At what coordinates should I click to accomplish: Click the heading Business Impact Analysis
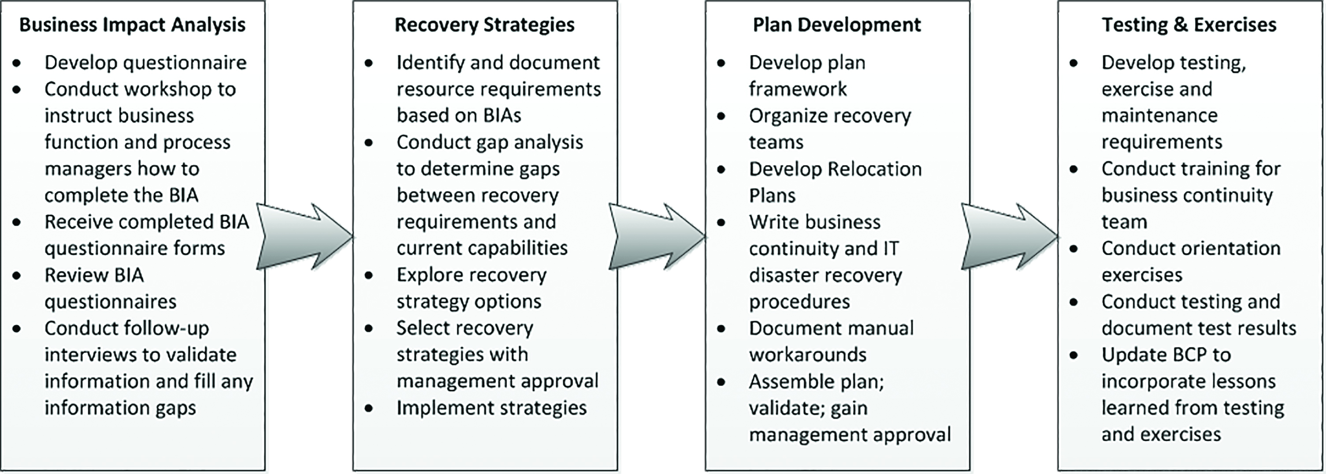coord(132,25)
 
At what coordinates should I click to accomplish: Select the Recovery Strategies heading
coord(484,25)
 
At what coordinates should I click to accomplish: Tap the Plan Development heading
coord(837,25)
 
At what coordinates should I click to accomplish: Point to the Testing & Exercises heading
coord(1189,25)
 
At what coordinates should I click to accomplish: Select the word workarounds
coord(808,355)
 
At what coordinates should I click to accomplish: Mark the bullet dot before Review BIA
coord(17,276)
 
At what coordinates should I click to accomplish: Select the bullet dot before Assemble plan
coord(721,382)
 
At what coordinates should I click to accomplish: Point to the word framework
coord(797,89)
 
